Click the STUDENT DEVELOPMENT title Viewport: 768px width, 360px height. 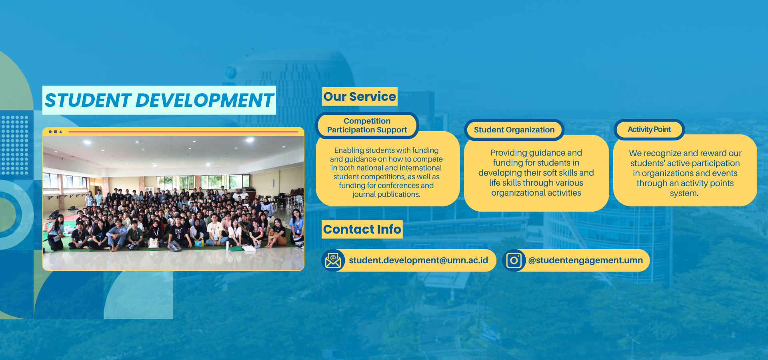[159, 100]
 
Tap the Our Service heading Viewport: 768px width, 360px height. [360, 96]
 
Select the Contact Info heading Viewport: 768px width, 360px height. [362, 229]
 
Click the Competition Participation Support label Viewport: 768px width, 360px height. [367, 125]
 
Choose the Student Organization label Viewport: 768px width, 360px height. [514, 130]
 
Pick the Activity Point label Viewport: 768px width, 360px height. [649, 129]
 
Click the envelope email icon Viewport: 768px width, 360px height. [333, 260]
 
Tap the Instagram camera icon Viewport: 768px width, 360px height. [514, 260]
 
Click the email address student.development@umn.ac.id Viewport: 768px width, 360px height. [418, 260]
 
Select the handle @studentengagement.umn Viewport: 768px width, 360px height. [586, 260]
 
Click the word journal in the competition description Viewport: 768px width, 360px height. [364, 194]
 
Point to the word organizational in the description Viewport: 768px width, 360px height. [515, 193]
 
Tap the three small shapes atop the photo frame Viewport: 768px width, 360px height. [55, 132]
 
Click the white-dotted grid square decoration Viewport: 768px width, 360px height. [14, 145]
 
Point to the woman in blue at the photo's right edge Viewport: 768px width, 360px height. [297, 226]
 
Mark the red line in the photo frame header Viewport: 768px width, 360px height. [183, 131]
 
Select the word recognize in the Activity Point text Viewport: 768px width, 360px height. [662, 153]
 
